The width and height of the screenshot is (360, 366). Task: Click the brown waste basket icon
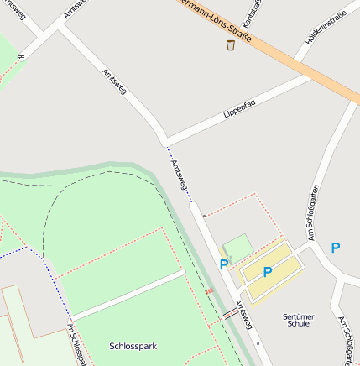231,44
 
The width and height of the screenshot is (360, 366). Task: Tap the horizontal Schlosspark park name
133,346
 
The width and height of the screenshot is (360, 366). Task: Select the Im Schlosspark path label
76,345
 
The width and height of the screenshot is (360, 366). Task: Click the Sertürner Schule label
298,319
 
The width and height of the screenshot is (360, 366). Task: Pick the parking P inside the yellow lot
268,271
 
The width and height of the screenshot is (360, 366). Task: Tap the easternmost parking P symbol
336,248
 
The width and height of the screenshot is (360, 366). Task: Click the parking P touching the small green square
224,264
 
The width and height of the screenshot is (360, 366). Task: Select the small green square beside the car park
237,247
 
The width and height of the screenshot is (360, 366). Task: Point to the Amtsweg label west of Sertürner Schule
243,316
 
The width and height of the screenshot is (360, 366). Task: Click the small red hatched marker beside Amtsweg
208,290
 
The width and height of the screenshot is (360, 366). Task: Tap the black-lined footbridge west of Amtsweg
230,314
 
